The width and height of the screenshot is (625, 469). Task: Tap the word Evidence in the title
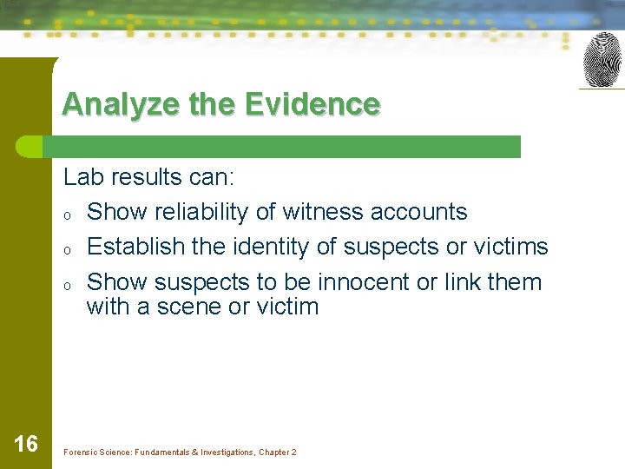click(312, 104)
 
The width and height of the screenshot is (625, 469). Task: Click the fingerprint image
click(602, 60)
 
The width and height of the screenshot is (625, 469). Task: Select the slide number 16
click(26, 445)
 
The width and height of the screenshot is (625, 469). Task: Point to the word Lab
click(82, 178)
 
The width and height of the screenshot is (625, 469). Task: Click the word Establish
click(136, 247)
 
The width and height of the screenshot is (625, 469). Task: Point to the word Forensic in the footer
click(80, 452)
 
